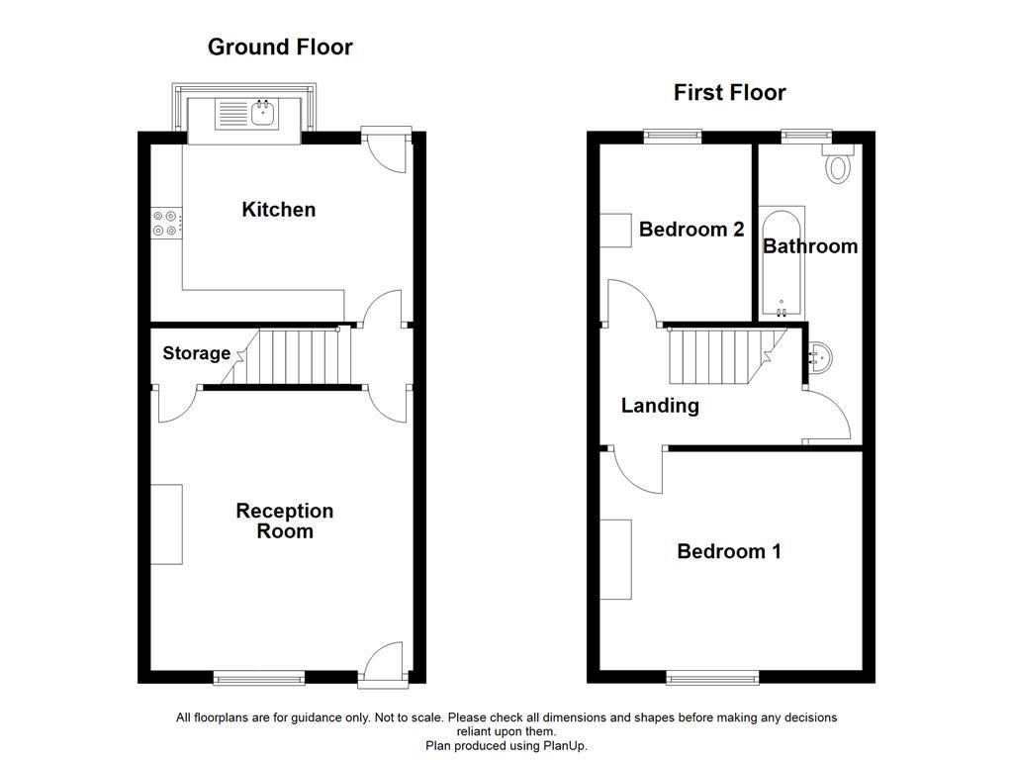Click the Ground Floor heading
(280, 47)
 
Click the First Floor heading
(729, 93)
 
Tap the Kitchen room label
(279, 210)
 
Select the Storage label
(196, 353)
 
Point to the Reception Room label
(285, 521)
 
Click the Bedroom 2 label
(691, 230)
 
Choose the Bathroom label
(810, 246)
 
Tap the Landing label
(660, 405)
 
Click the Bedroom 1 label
(729, 551)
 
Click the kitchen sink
(262, 114)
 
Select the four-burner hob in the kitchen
(165, 224)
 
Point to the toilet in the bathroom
(840, 165)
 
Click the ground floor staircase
(297, 357)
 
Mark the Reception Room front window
(259, 677)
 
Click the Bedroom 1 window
(712, 677)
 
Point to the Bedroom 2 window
(673, 133)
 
